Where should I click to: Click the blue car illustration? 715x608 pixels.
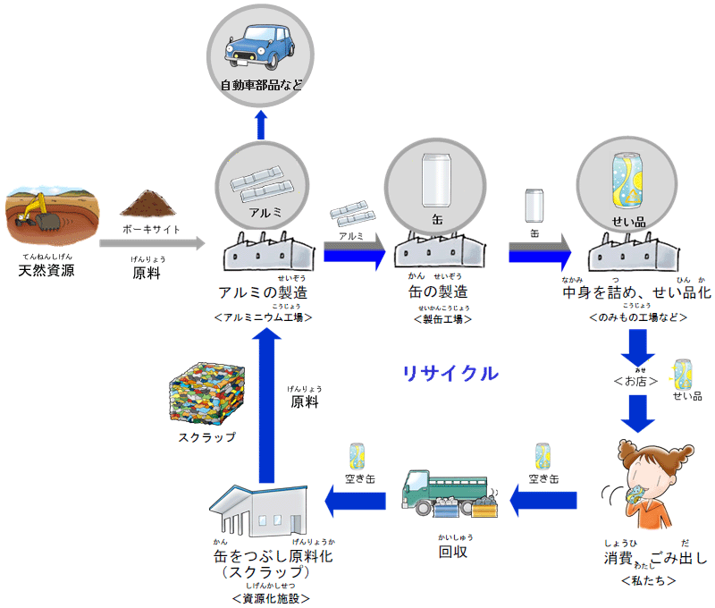pyautogui.click(x=261, y=48)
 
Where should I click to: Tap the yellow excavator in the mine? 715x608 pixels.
pyautogui.click(x=38, y=211)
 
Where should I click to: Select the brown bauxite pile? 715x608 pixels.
pyautogui.click(x=149, y=203)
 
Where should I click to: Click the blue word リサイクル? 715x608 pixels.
pyautogui.click(x=450, y=374)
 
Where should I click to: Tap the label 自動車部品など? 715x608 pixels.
pyautogui.click(x=261, y=86)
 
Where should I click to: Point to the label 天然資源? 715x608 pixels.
pyautogui.click(x=46, y=270)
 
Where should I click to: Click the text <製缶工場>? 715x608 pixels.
pyautogui.click(x=442, y=318)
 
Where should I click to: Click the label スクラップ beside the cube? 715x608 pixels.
pyautogui.click(x=206, y=437)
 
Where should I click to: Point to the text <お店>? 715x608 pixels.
pyautogui.click(x=635, y=380)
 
